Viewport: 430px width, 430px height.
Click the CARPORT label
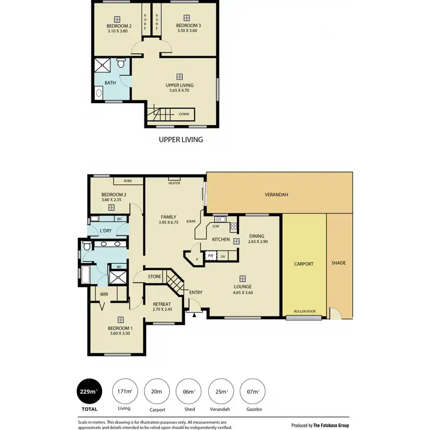(x=304, y=264)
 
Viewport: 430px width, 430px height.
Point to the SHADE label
(x=339, y=263)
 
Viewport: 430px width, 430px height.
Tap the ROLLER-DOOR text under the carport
(x=304, y=312)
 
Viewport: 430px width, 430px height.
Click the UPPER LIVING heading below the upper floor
(x=181, y=139)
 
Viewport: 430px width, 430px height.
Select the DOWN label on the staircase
(x=183, y=114)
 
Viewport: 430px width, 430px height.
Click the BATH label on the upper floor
(x=110, y=83)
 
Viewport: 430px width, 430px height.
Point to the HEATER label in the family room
(x=174, y=183)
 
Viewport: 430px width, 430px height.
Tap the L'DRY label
(x=105, y=230)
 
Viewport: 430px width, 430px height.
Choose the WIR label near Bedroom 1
(x=104, y=294)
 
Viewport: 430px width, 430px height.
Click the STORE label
(x=154, y=277)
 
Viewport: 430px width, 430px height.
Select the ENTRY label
(x=196, y=292)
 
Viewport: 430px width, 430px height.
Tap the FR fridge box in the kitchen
(x=210, y=256)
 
